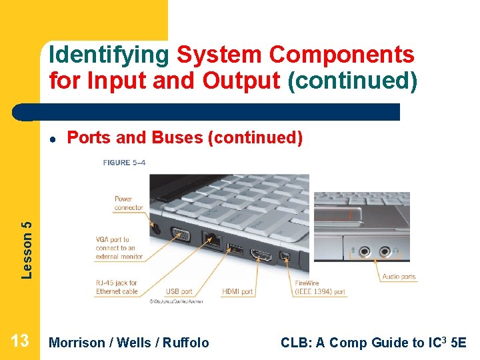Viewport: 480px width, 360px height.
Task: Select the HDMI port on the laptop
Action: [x=261, y=255]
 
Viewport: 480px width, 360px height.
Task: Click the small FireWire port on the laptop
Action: [x=285, y=257]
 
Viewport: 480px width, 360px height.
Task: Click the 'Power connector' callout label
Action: [x=128, y=203]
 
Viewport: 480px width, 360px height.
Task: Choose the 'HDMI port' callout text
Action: [x=237, y=291]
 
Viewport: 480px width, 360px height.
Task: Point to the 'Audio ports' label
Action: [x=399, y=277]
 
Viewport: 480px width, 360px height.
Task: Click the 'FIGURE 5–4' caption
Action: [x=125, y=162]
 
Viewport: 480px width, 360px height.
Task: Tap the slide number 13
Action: [x=20, y=341]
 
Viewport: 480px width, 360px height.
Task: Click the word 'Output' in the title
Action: [x=241, y=81]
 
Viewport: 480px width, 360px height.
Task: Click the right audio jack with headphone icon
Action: [x=385, y=252]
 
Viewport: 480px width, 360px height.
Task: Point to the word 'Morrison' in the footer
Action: [x=77, y=343]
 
